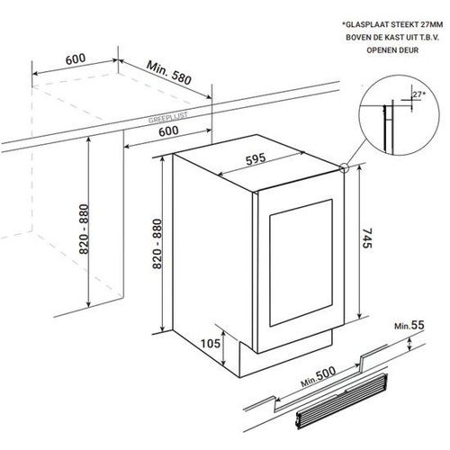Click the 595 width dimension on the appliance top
(x=256, y=159)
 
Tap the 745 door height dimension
(x=366, y=238)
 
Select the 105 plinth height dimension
(x=210, y=344)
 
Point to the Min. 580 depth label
(x=169, y=73)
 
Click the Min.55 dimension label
(x=409, y=325)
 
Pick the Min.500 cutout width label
(x=318, y=376)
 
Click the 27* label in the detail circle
(x=418, y=94)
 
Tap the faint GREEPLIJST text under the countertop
(x=168, y=117)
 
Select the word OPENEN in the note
(x=379, y=50)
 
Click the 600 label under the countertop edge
(x=168, y=131)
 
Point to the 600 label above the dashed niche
(x=76, y=58)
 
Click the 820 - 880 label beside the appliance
(x=157, y=244)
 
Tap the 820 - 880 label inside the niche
(x=84, y=229)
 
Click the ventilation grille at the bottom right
(x=341, y=400)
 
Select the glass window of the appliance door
(x=301, y=263)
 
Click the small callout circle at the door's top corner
(x=345, y=168)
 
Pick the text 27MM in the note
(x=431, y=24)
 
